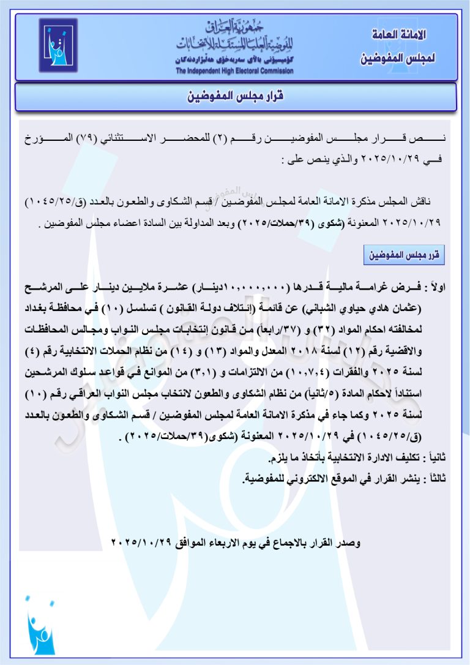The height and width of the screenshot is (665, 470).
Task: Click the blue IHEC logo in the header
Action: (x=58, y=46)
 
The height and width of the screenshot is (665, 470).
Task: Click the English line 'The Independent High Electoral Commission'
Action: (x=234, y=71)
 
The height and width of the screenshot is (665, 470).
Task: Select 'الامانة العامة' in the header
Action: (x=399, y=36)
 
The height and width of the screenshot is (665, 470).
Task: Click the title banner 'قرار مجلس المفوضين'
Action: (x=235, y=97)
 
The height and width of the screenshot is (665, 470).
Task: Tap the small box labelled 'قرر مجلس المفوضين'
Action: (x=403, y=254)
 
